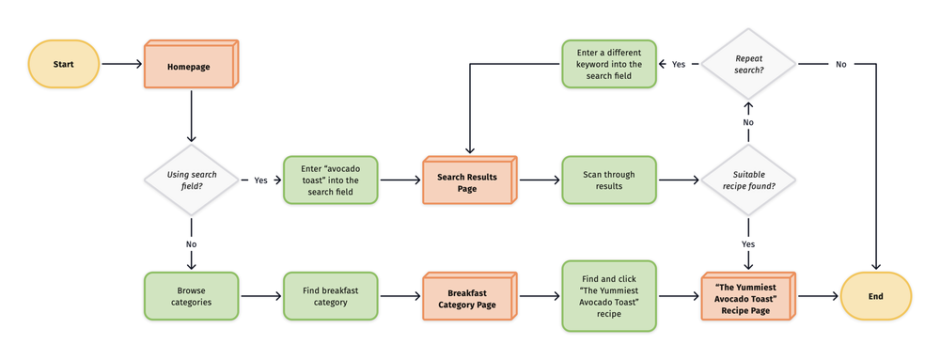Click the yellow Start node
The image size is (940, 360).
click(63, 64)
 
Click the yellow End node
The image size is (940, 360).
click(875, 296)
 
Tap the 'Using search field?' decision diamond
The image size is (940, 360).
click(191, 180)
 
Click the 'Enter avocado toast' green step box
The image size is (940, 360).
click(330, 180)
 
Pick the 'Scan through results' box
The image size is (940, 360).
click(608, 180)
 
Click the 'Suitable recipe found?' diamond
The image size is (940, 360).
click(748, 180)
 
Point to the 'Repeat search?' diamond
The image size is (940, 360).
click(748, 64)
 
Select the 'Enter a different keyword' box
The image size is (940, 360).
click(608, 64)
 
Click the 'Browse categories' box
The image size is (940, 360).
click(191, 296)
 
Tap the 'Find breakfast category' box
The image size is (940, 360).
click(330, 296)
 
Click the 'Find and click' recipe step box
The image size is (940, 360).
click(608, 296)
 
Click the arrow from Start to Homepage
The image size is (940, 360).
click(119, 64)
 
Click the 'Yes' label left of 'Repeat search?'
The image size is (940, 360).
click(678, 64)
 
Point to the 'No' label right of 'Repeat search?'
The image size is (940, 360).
click(839, 64)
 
